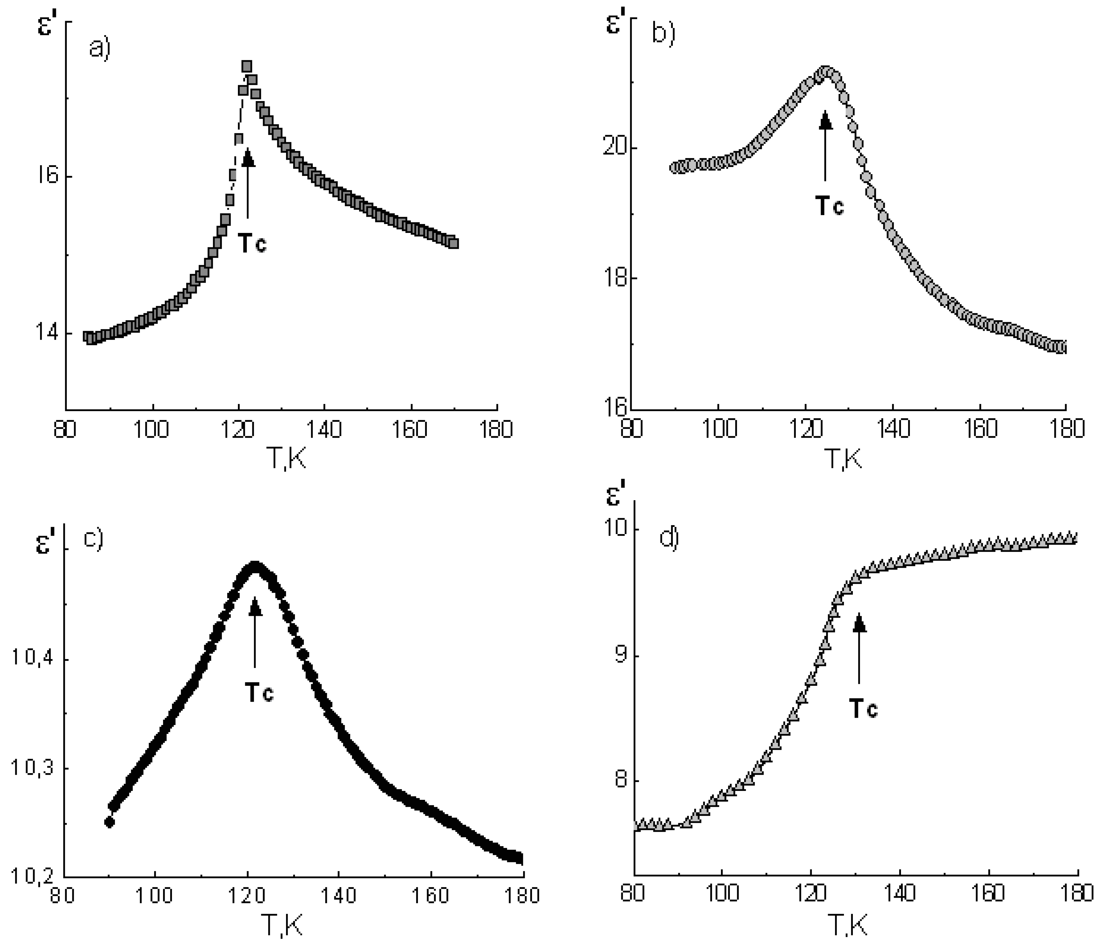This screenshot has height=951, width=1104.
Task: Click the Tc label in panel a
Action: pyautogui.click(x=251, y=244)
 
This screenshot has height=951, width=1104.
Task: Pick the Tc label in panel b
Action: pyautogui.click(x=830, y=205)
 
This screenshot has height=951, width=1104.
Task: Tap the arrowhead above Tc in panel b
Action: pyautogui.click(x=825, y=120)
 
